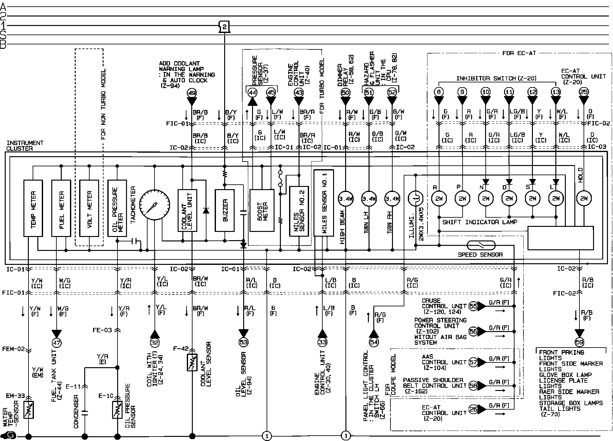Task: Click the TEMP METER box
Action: click(33, 208)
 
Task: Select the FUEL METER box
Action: click(61, 208)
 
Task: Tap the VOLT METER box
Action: click(89, 208)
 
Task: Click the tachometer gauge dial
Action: click(155, 205)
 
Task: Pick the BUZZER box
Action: click(224, 210)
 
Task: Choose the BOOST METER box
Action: click(262, 210)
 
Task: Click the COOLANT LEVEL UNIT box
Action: click(187, 210)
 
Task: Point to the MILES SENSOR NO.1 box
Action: click(323, 203)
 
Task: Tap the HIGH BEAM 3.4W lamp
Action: click(346, 199)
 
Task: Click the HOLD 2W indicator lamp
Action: click(584, 199)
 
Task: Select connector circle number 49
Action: click(192, 93)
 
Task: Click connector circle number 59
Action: click(579, 342)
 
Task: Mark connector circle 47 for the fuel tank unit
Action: click(57, 342)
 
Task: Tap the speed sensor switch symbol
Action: click(481, 245)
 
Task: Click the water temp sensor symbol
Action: click(29, 410)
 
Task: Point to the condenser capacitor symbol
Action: click(85, 412)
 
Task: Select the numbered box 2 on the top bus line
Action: click(224, 27)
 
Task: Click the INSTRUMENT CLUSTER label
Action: click(25, 146)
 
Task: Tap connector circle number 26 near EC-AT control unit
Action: click(473, 409)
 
